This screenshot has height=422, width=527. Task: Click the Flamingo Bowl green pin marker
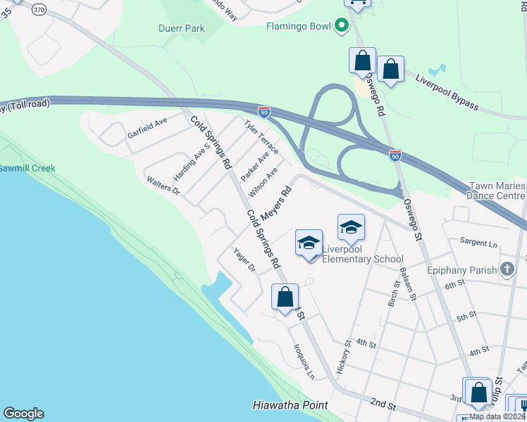[342, 27]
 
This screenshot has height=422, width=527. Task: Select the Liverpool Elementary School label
[362, 254]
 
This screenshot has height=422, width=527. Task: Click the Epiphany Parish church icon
[507, 269]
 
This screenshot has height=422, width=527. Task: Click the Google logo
[23, 414]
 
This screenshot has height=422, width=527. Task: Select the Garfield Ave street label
[147, 127]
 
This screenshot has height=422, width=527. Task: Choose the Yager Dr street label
[244, 261]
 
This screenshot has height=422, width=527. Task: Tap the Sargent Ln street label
[478, 243]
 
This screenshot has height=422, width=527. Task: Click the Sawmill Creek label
[27, 169]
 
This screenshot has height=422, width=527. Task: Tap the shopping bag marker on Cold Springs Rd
[285, 298]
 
